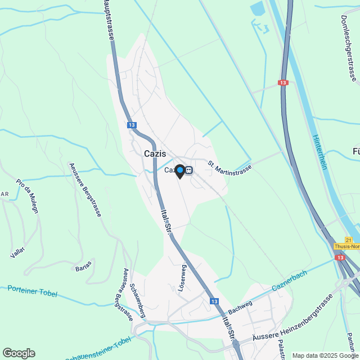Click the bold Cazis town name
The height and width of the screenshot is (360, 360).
tap(154, 154)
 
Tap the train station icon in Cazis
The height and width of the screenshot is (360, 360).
tap(190, 170)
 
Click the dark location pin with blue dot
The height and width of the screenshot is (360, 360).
tap(179, 170)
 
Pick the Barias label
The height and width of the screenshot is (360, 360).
tap(83, 269)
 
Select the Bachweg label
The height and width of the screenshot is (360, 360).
tap(240, 308)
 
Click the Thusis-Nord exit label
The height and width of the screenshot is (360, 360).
tap(346, 246)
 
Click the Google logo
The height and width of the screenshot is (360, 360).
tap(19, 353)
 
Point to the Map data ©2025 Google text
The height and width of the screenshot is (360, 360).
tap(320, 355)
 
